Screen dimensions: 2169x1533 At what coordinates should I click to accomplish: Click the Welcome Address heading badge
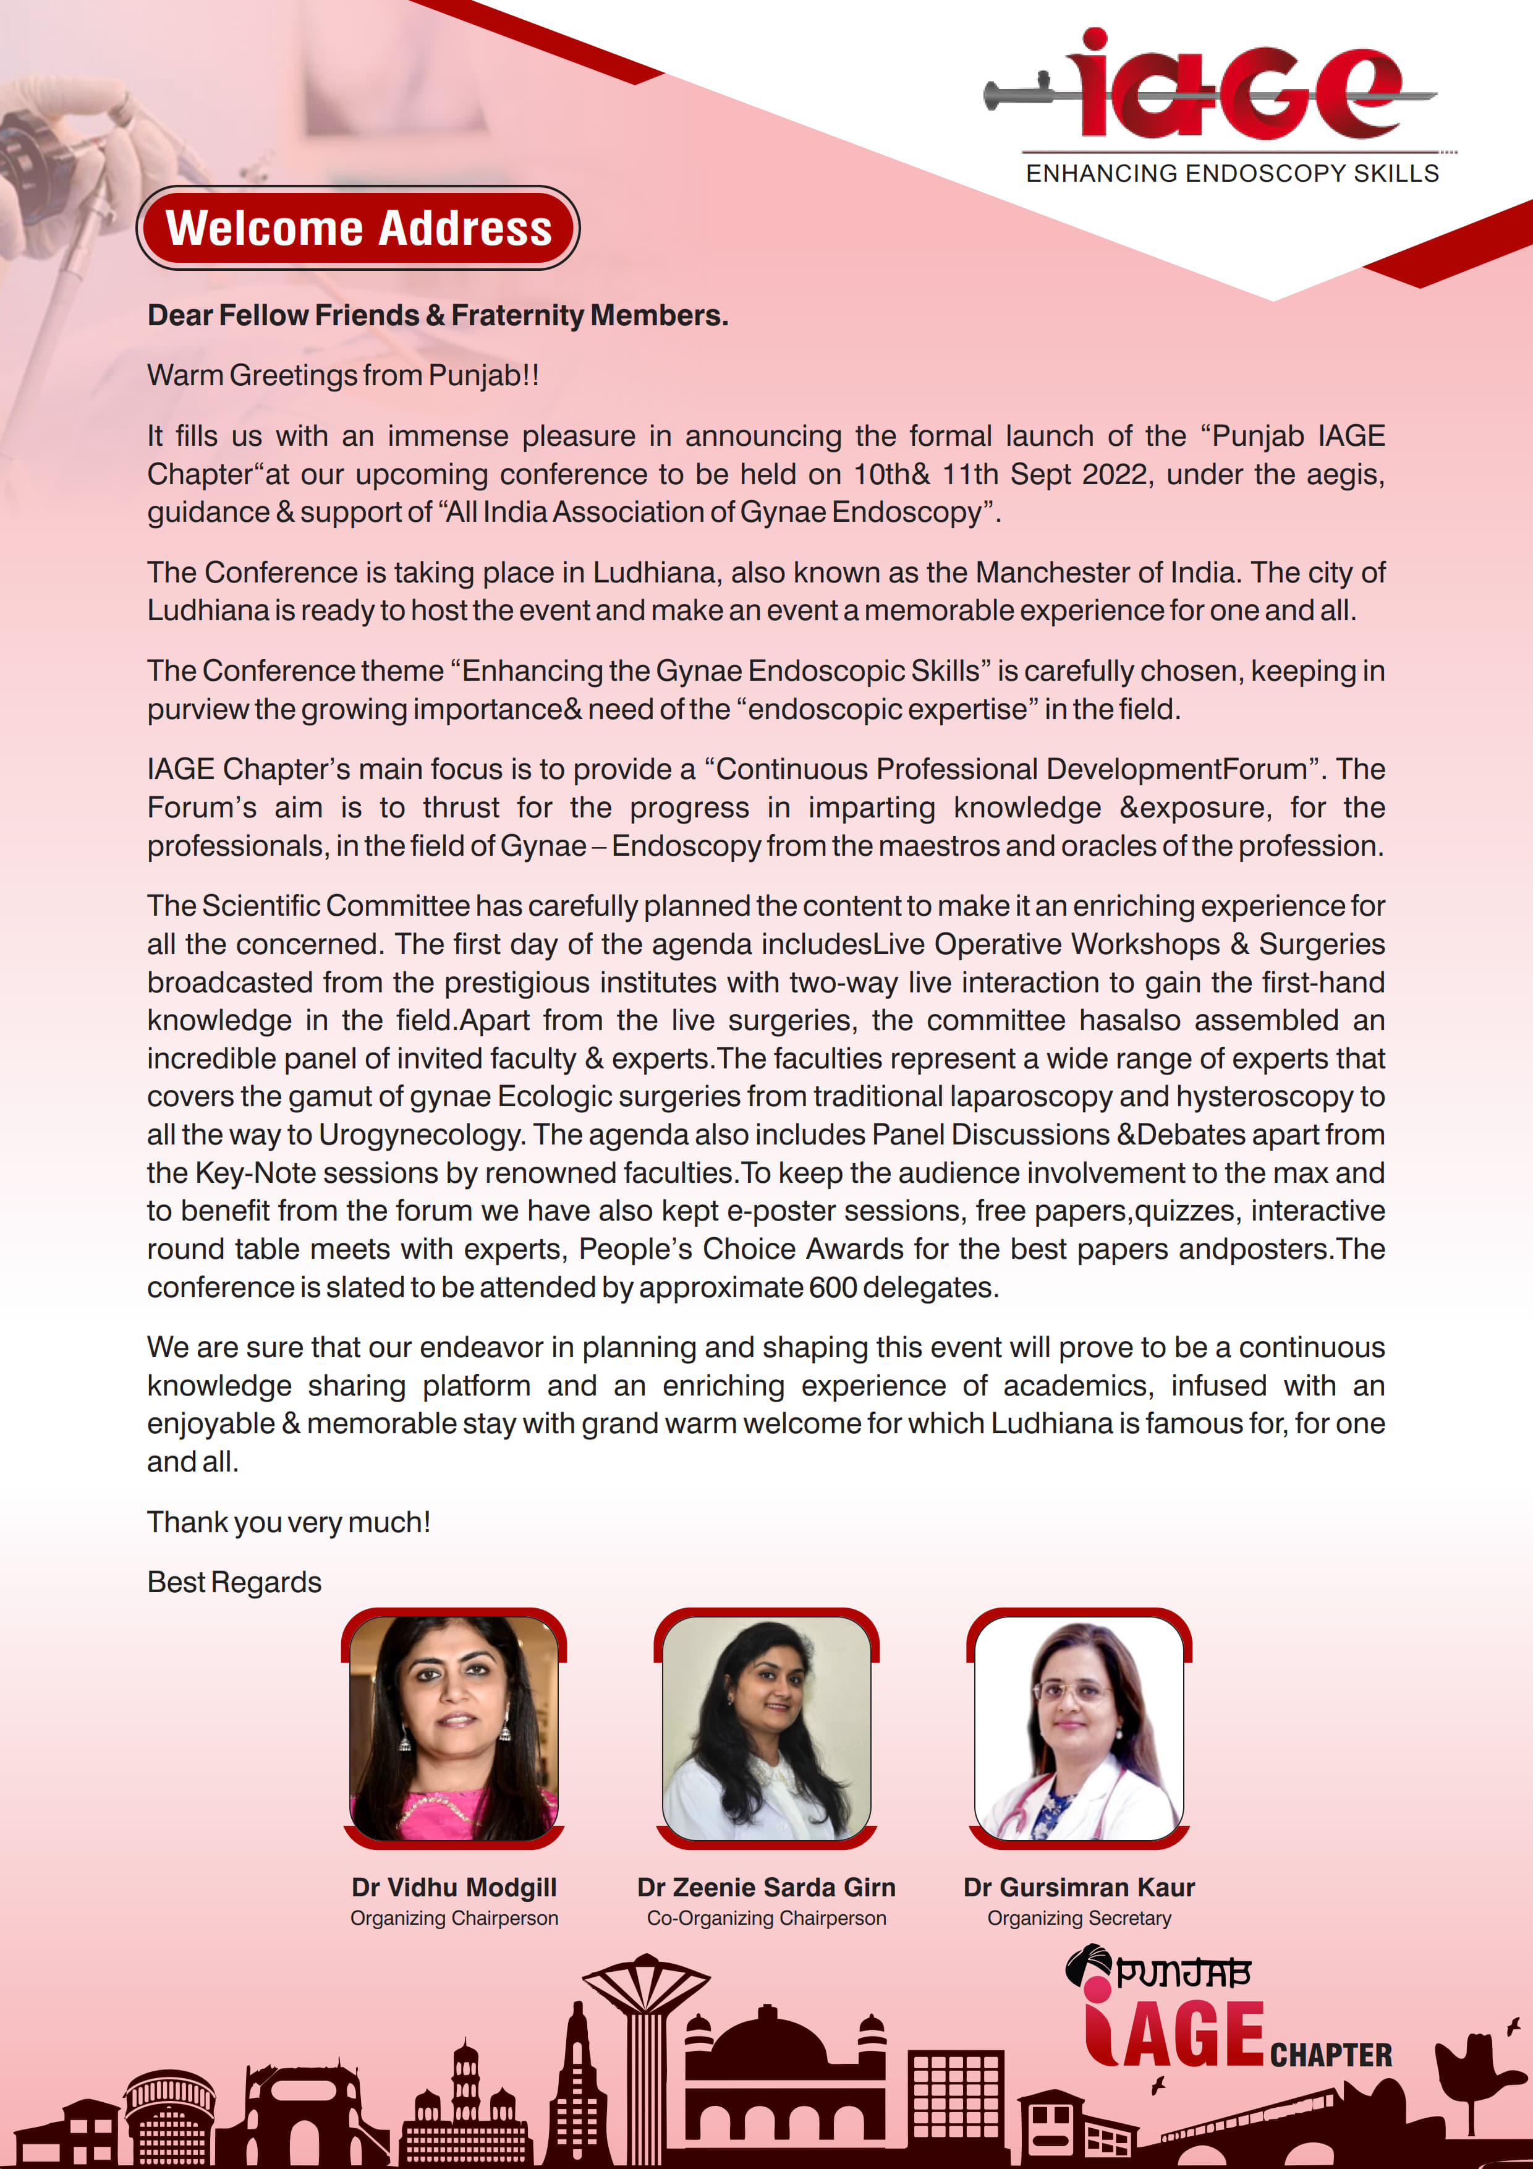(358, 228)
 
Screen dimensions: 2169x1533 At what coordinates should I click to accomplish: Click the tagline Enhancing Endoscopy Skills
(1232, 174)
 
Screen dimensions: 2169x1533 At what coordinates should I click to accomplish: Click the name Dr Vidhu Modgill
(453, 1886)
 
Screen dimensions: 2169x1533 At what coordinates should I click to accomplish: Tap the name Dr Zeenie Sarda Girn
(766, 1886)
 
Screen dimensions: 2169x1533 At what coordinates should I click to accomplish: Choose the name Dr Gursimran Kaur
(1079, 1886)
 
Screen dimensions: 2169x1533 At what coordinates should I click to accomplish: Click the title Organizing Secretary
(1079, 1918)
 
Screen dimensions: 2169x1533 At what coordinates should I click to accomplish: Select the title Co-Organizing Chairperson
(766, 1918)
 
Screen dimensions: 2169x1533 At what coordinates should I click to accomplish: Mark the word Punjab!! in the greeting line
(483, 375)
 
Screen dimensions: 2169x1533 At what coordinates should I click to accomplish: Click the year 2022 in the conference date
(1116, 473)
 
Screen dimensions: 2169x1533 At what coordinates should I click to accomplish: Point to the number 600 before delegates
(832, 1287)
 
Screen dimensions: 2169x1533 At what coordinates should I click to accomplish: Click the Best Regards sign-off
(234, 1582)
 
